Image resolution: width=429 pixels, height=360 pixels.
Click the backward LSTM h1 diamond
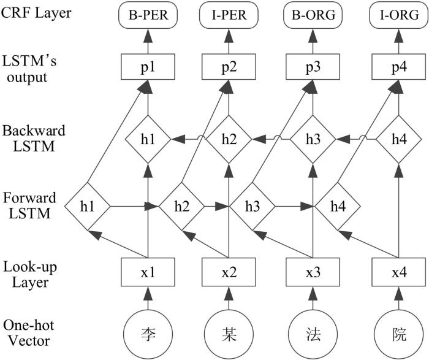click(147, 139)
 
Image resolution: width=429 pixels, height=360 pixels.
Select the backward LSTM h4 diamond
click(396, 139)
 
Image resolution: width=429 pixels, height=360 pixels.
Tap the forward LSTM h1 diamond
click(88, 205)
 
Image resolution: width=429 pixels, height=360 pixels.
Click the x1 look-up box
click(147, 272)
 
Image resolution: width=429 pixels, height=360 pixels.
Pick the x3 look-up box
click(313, 272)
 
